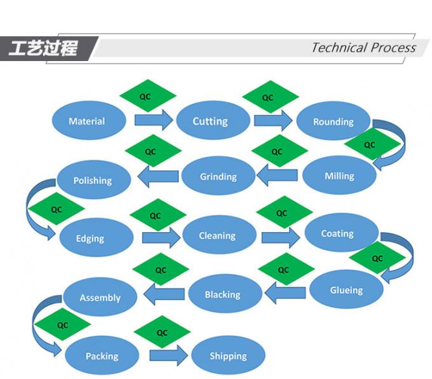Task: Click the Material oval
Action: (x=87, y=121)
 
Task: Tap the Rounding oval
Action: (x=333, y=121)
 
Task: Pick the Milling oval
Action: (x=339, y=176)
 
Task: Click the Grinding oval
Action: (x=218, y=177)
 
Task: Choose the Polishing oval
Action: (x=93, y=181)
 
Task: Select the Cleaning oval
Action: (x=218, y=236)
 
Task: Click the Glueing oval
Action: (x=346, y=290)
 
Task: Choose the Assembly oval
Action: (x=100, y=298)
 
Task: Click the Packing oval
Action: (x=102, y=356)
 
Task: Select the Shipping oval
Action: (x=228, y=356)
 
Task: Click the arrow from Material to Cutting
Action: (x=154, y=119)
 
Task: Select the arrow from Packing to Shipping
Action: (x=169, y=354)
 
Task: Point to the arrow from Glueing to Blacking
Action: (x=285, y=293)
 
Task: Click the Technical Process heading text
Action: (x=363, y=48)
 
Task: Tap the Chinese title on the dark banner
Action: (x=44, y=48)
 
